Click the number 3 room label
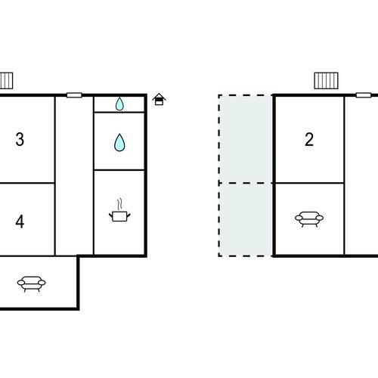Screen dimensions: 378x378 20,139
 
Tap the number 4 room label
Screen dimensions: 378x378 20,222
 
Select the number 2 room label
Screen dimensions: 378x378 309,139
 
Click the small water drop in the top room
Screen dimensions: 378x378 119,104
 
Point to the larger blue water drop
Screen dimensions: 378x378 119,142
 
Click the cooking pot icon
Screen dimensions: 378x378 119,216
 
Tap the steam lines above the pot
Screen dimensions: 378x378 119,204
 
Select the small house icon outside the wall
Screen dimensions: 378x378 159,99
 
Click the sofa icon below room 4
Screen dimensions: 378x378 31,284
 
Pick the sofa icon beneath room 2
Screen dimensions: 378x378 309,219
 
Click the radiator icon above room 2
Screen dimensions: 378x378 326,81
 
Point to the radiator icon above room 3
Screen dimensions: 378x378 6,81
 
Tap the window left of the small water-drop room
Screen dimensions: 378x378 74,95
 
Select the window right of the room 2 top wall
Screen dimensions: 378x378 363,95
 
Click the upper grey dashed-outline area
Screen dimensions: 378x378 246,139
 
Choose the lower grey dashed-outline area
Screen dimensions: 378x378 246,219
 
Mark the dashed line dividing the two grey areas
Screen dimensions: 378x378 246,183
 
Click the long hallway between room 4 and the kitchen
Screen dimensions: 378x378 74,176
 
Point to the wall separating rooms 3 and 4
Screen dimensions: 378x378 27,183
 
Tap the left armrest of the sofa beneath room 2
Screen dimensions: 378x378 299,218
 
